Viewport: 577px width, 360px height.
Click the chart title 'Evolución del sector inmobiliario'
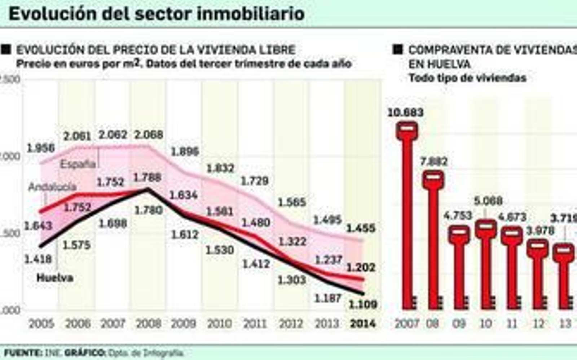click(157, 14)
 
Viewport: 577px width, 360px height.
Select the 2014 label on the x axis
click(363, 324)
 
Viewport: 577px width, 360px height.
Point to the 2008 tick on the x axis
click(148, 324)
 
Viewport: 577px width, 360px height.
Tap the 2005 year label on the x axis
click(41, 324)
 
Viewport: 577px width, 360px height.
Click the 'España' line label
click(78, 164)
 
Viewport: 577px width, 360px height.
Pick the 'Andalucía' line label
click(52, 187)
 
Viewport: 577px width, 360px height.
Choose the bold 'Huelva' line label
click(55, 278)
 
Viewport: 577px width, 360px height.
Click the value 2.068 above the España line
click(148, 135)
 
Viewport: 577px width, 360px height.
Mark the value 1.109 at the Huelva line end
click(363, 304)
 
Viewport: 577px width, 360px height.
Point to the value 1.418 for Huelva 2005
click(38, 259)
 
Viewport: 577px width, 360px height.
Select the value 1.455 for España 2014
click(361, 228)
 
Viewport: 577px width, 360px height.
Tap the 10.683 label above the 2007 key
click(405, 113)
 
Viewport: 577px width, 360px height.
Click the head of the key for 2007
click(407, 130)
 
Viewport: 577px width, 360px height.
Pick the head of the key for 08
click(433, 179)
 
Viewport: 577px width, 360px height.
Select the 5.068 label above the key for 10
click(488, 201)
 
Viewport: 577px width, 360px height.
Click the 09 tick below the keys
click(459, 324)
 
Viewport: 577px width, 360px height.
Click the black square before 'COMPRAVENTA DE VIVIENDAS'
click(398, 49)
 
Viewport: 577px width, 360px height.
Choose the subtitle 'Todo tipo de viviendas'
click(467, 78)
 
